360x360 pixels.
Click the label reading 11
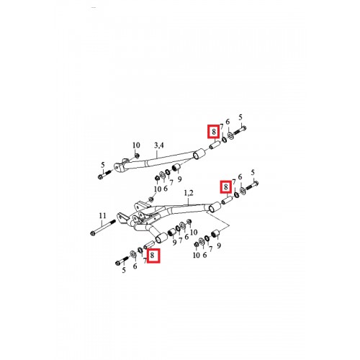pos(102,216)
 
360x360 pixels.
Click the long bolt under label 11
pos(103,228)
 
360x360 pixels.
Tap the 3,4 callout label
pos(159,145)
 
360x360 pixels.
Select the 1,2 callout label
pos(189,193)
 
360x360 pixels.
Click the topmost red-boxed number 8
pos(214,132)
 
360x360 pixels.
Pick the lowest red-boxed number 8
pos(152,256)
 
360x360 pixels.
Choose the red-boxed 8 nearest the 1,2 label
pos(226,186)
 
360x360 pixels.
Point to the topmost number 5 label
pos(240,117)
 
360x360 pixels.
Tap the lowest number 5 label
pos(124,270)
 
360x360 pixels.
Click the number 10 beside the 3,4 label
pos(136,145)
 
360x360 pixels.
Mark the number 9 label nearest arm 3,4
pos(180,179)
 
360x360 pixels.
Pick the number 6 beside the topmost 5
pos(228,122)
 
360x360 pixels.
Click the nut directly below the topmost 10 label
pos(137,156)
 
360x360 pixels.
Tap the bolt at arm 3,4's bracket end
pos(105,174)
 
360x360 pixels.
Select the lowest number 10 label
pos(197,255)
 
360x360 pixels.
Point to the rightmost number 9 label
pos(219,246)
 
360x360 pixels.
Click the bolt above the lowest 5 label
pos(122,261)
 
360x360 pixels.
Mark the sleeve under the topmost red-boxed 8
pos(215,145)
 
